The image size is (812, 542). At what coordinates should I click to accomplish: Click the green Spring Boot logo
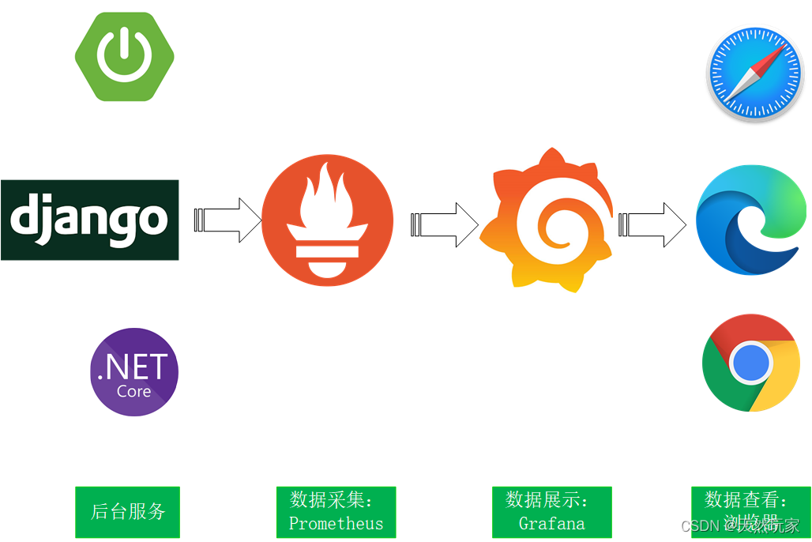point(125,56)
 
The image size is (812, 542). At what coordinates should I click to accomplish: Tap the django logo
point(89,220)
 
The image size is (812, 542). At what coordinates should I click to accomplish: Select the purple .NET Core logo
point(134,372)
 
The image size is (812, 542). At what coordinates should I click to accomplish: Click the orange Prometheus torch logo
point(327,221)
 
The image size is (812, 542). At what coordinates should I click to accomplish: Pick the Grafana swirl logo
point(547,221)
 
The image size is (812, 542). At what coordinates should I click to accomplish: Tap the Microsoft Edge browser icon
point(752,220)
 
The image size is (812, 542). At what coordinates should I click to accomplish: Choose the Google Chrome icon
point(750,363)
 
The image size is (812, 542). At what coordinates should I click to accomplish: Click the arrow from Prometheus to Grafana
point(445,225)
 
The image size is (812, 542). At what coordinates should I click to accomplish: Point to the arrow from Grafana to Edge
point(652,225)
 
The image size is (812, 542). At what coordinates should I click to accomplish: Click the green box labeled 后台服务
point(127,512)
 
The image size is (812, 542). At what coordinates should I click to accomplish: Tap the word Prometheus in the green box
point(336,523)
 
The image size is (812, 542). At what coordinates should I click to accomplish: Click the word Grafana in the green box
point(551,523)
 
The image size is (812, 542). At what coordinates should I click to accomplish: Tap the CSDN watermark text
point(698,526)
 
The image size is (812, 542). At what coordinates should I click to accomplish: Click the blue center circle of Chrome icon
point(750,363)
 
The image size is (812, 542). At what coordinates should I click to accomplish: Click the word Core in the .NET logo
point(133,391)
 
